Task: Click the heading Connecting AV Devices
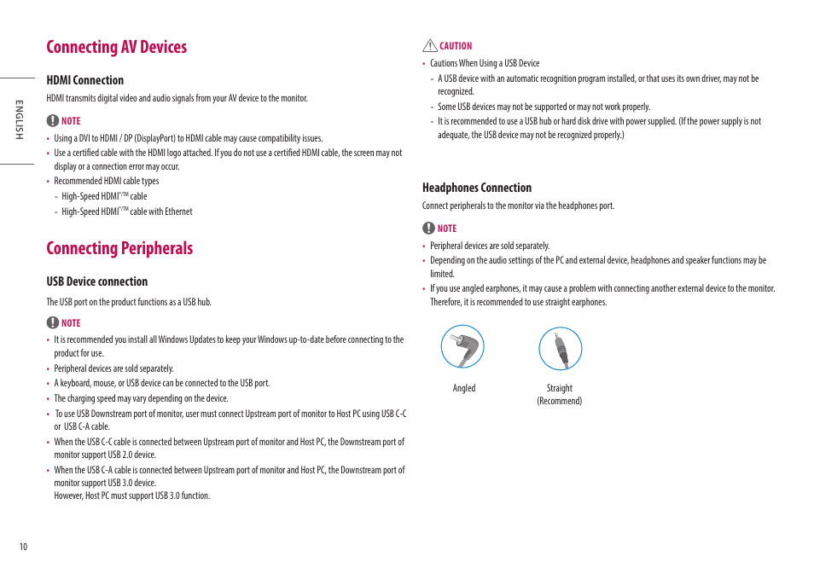116,47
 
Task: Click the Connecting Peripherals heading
119,248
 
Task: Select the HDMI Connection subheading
84,80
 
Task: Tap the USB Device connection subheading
96,281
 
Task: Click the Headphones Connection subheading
476,188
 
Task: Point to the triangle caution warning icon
429,46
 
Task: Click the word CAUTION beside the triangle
456,46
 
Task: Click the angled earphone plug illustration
462,348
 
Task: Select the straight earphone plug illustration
560,348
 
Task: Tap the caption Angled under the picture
464,388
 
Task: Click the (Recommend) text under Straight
559,401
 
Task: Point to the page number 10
24,547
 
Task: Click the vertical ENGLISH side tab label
16,120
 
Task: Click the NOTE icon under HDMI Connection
52,121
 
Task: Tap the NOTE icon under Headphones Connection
427,228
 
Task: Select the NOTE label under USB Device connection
71,323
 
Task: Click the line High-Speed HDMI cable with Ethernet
127,212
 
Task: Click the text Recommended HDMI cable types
106,181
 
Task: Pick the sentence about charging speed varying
141,398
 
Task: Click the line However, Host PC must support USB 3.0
131,496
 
